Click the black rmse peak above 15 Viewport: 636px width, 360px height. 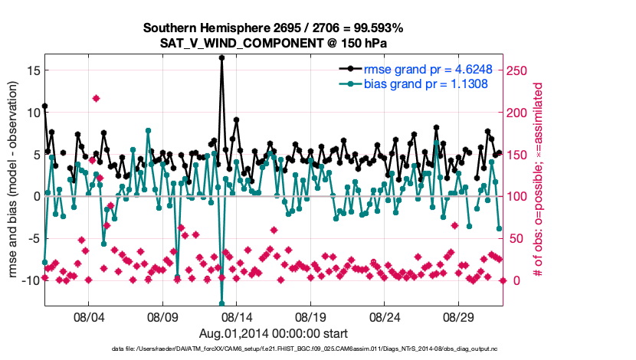click(x=221, y=57)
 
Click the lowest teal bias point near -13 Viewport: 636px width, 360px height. click(x=221, y=303)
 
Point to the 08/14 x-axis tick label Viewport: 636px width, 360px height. click(x=237, y=317)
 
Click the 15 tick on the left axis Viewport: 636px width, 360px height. click(x=32, y=70)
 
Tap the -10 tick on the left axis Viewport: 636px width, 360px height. click(x=30, y=280)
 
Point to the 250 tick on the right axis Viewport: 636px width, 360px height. click(x=519, y=70)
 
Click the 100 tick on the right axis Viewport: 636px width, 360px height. click(x=519, y=196)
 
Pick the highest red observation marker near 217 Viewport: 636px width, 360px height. click(x=96, y=98)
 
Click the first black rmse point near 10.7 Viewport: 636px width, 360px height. click(x=44, y=106)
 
